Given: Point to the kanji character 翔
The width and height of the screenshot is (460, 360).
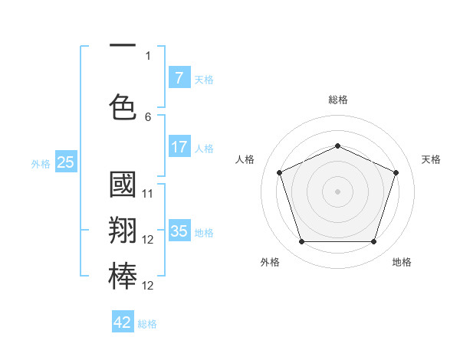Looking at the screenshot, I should point(123,231).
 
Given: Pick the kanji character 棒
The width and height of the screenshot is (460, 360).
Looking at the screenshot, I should point(123,275).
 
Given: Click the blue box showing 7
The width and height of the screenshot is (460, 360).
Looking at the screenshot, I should point(179,77).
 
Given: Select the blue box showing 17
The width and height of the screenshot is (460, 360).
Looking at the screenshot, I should point(179,146).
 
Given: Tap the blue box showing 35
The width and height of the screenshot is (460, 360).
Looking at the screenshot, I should point(179,231).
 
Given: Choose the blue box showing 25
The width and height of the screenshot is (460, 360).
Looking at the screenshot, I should point(65,162).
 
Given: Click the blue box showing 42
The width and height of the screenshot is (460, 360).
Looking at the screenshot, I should point(123,322).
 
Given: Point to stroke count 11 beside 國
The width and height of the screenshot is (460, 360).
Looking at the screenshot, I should point(148,194).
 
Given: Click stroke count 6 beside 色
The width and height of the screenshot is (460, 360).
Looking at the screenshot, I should point(148,117).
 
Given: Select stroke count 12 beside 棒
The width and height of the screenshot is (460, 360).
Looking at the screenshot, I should point(148,286).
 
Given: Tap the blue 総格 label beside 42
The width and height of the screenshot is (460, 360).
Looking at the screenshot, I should point(147,324).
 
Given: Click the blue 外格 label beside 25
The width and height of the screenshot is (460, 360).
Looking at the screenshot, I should point(40,163).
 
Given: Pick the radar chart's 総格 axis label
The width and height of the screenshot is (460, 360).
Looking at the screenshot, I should point(337,100).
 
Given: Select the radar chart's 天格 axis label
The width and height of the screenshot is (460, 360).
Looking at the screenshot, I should point(431,159).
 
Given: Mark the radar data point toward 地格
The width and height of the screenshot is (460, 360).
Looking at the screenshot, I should point(373,242).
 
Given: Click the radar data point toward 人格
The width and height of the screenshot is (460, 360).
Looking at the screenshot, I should point(279,172).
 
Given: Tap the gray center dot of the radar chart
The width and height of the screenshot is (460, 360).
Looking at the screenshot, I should point(337,191).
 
